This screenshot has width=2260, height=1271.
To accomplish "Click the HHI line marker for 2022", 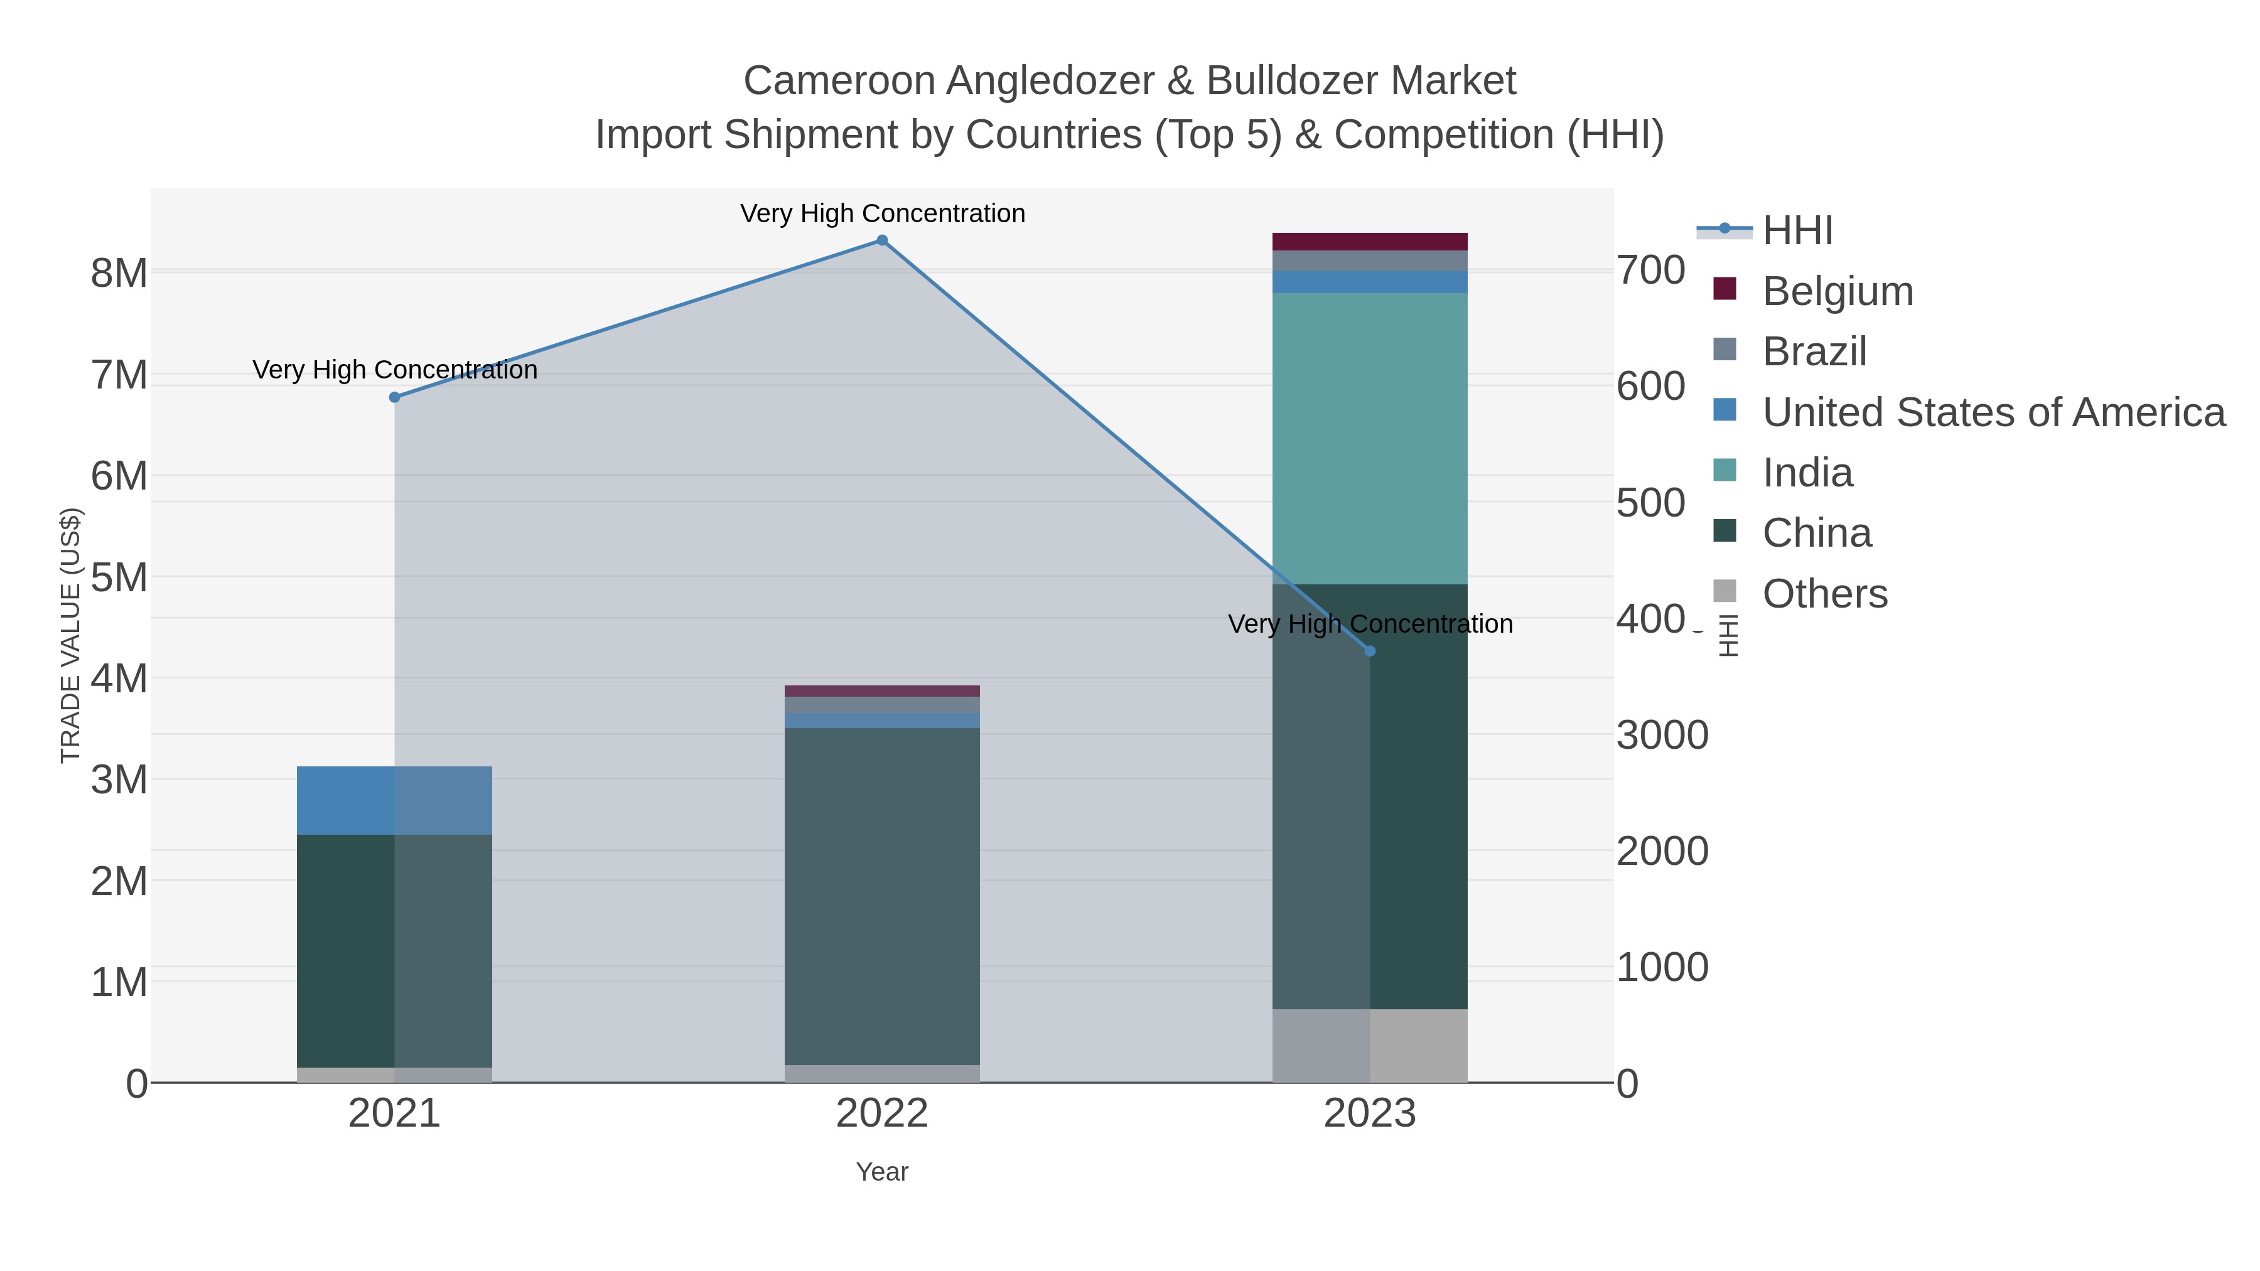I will coord(882,240).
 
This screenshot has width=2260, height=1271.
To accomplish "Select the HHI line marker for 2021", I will coord(395,397).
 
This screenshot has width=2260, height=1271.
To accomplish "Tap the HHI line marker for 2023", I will coord(1370,651).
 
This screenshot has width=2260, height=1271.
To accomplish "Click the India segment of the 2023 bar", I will coord(1370,439).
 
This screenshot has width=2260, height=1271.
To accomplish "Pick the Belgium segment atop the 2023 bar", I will coord(1370,242).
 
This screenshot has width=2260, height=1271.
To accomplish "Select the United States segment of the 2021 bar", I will coord(395,800).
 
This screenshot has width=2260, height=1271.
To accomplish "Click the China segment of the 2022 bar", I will coord(882,894).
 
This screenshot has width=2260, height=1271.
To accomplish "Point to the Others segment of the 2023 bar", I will coord(1370,1046).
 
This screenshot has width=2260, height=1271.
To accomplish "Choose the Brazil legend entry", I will coord(1814,351).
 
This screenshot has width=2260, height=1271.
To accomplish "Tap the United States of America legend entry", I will coord(1993,412).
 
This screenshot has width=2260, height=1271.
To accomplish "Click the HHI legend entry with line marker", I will coord(1797,231).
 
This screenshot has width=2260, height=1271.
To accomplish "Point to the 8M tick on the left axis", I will coord(119,274).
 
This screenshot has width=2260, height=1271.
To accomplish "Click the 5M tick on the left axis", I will coord(119,578).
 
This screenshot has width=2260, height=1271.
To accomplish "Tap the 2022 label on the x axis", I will coord(882,1114).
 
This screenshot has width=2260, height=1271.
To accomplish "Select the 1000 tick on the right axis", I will coord(1662,967).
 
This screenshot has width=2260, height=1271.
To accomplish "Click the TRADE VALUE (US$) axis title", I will coord(70,635).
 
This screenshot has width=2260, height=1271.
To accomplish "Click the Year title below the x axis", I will coord(882,1172).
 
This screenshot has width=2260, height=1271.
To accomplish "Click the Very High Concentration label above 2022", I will coord(882,213).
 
